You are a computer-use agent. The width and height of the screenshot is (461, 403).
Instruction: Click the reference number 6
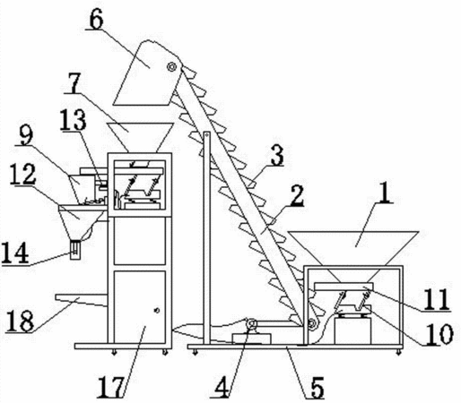pos(96,21)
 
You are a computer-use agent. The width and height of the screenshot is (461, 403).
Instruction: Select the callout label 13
pos(74,120)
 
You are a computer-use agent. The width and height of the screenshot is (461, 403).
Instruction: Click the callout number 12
pos(23,174)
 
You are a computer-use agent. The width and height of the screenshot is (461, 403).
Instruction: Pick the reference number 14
pos(15,253)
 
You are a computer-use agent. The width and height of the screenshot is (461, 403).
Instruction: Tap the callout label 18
pos(20,321)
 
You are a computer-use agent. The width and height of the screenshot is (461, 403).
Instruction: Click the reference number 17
pos(110,387)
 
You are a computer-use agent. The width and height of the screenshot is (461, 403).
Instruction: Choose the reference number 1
pos(385,193)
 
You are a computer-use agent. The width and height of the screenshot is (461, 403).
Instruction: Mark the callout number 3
pos(277,155)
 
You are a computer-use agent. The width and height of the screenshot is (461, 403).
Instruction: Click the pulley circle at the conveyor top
pos(171,66)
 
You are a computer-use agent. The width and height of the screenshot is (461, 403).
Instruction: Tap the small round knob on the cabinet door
pos(156,311)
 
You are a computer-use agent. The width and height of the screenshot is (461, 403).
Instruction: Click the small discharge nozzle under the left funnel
pos(75,250)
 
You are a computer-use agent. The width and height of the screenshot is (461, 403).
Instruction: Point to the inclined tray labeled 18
pos(81,300)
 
